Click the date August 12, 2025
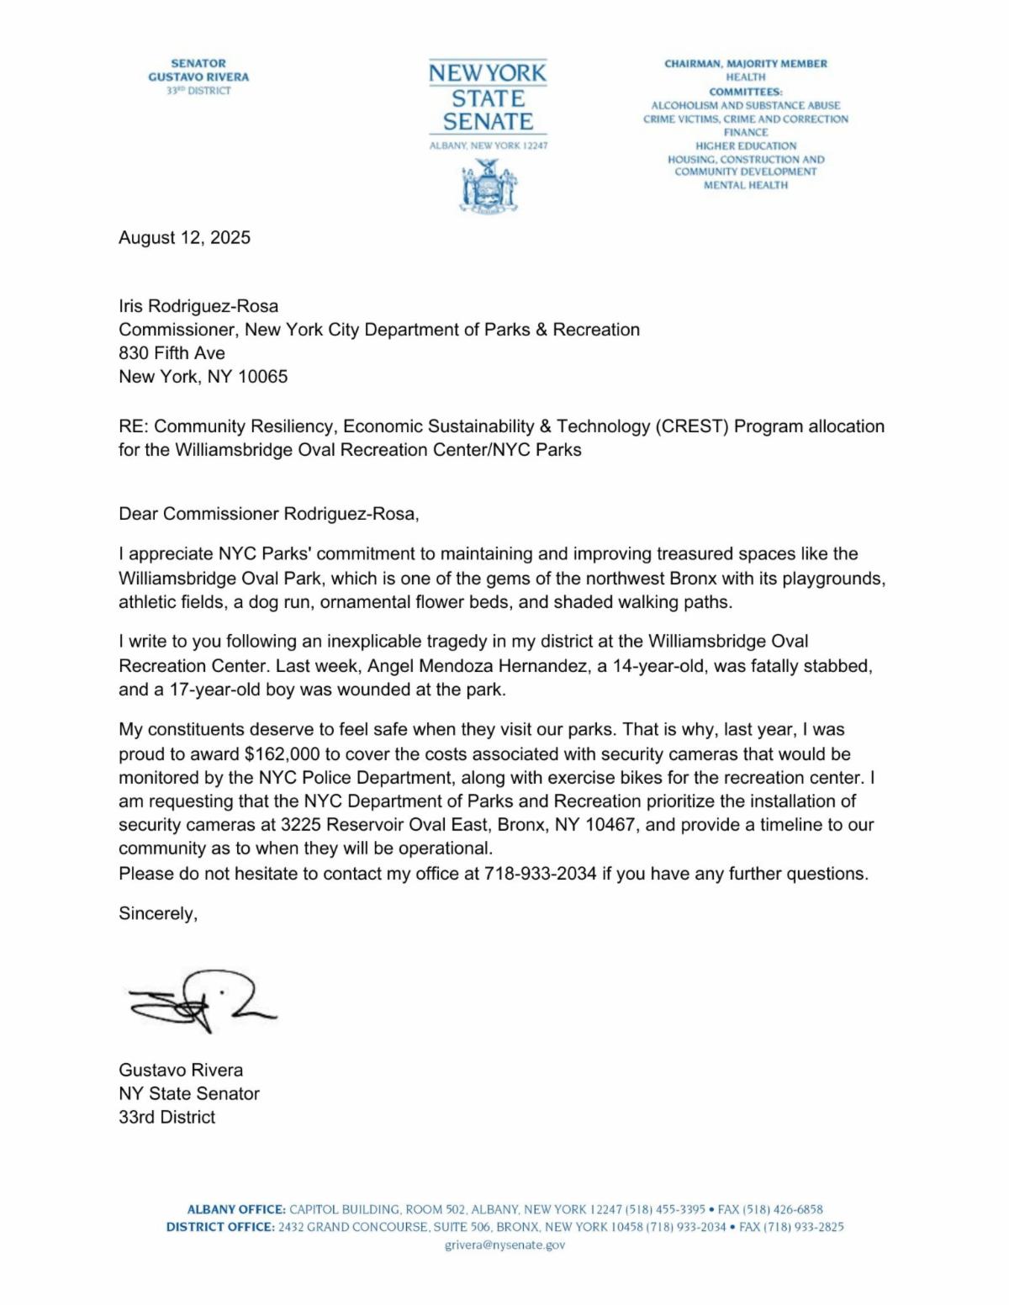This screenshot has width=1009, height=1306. pyautogui.click(x=184, y=238)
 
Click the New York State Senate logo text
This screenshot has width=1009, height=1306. pyautogui.click(x=488, y=98)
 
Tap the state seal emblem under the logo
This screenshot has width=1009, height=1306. pyautogui.click(x=489, y=187)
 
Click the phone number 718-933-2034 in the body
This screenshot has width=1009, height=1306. pyautogui.click(x=540, y=874)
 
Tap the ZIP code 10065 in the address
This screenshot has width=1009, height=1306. pyautogui.click(x=262, y=377)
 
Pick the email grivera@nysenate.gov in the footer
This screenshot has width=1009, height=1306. pyautogui.click(x=504, y=1245)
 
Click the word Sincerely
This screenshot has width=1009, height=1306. pyautogui.click(x=158, y=914)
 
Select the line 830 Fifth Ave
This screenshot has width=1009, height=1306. pyautogui.click(x=172, y=353)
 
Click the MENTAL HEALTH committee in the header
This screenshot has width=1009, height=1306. pyautogui.click(x=745, y=185)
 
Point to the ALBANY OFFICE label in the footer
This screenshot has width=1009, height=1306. pyautogui.click(x=235, y=1209)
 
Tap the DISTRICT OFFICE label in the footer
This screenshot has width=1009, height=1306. pyautogui.click(x=220, y=1227)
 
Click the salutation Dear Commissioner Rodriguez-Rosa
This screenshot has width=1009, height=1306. pyautogui.click(x=268, y=514)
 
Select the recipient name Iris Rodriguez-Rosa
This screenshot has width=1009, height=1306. pyautogui.click(x=198, y=306)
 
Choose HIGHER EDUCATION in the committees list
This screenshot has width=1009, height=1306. pyautogui.click(x=745, y=145)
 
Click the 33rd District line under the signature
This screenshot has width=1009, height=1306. pyautogui.click(x=166, y=1118)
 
